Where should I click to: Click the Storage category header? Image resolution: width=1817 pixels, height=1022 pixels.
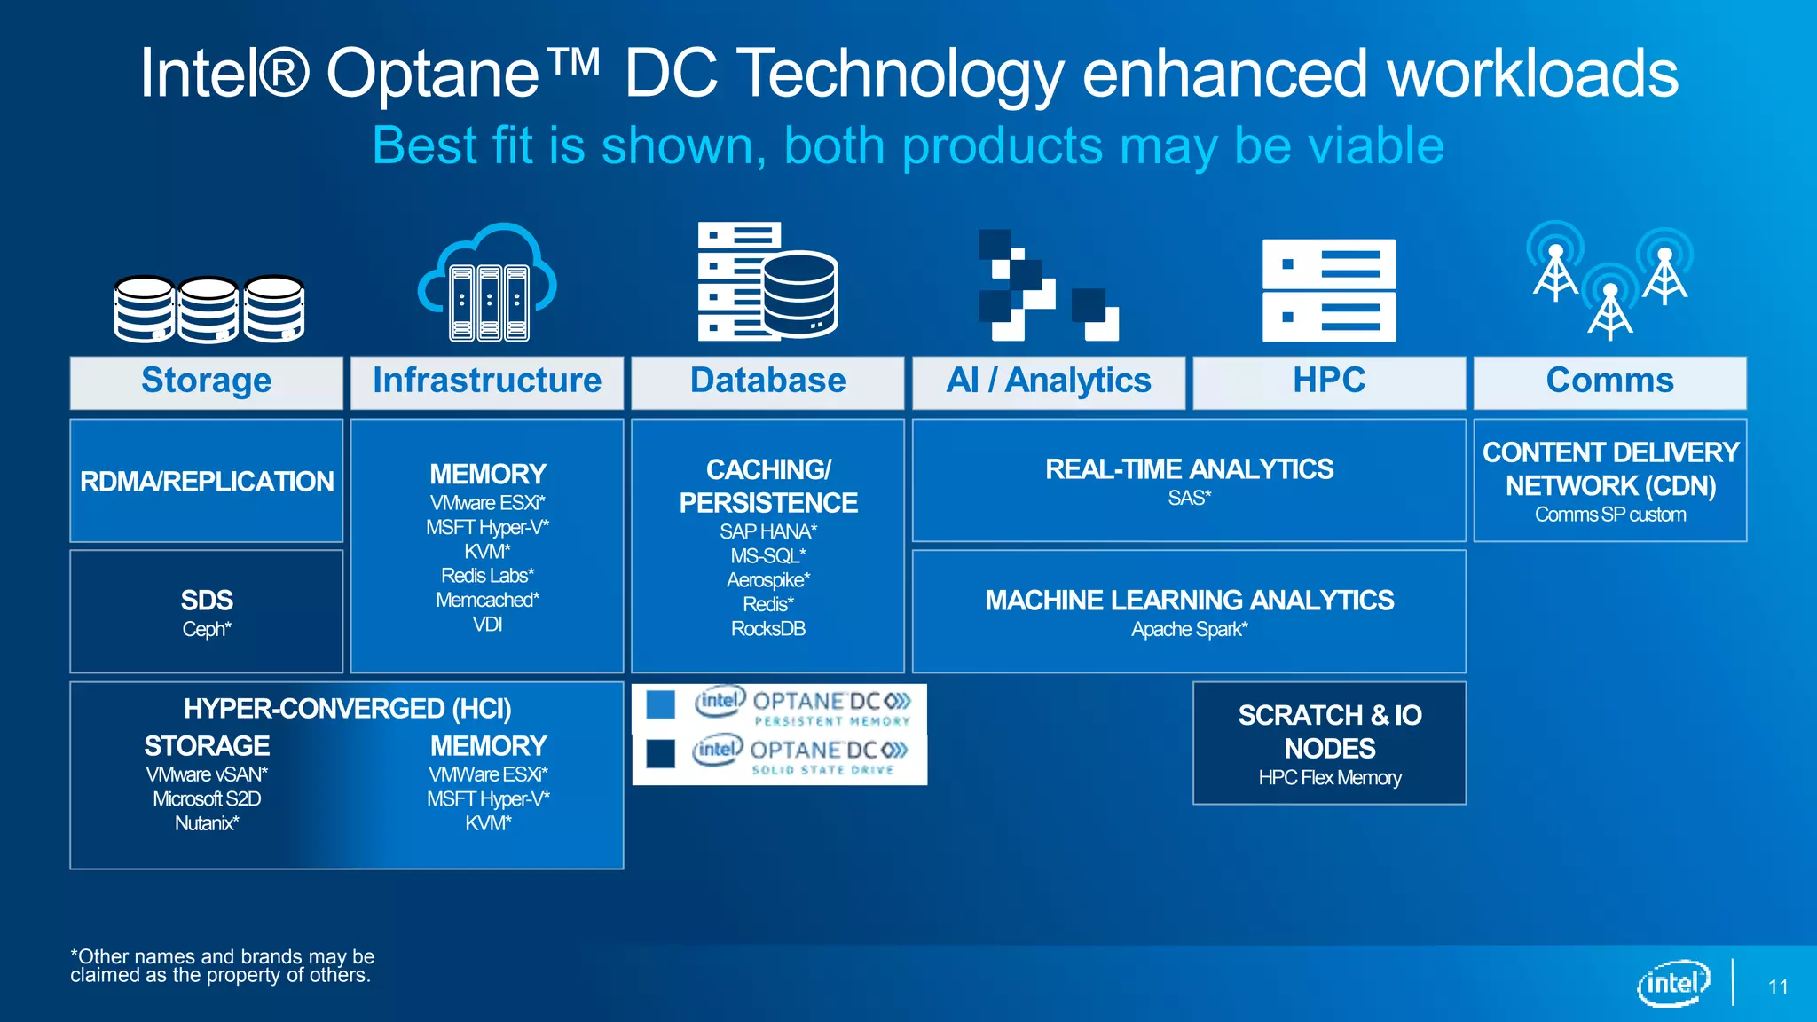(206, 381)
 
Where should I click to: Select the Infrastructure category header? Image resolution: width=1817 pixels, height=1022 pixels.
(486, 381)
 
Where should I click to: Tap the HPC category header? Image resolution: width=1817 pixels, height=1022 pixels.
(1328, 381)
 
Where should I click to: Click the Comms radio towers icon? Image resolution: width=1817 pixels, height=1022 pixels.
(1609, 279)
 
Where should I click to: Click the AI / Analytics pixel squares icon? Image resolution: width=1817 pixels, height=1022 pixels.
(1047, 286)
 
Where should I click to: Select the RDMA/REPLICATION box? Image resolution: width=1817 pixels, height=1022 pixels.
(206, 481)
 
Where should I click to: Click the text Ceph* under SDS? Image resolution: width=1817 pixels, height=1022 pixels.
(206, 629)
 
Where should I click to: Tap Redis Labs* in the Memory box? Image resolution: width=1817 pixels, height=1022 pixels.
(487, 576)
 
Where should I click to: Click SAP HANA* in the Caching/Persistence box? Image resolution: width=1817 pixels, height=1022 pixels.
(767, 531)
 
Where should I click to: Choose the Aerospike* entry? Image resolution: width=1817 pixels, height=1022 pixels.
(767, 580)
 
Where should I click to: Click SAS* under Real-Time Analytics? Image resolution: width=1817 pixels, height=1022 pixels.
(1189, 498)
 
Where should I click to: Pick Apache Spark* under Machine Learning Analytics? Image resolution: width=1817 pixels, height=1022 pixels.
(1189, 629)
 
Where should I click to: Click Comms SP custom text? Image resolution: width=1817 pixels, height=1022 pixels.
(1609, 515)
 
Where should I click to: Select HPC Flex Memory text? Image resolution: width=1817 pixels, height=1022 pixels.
(1329, 778)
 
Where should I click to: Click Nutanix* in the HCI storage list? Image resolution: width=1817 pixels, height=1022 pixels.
(206, 823)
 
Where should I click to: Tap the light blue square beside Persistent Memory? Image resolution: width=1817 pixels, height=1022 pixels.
(660, 704)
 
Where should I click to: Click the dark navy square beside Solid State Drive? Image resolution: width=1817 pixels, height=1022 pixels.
(660, 753)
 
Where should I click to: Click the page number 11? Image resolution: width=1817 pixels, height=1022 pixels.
(1777, 987)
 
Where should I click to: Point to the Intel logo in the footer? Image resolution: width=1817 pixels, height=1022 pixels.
(1672, 983)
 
